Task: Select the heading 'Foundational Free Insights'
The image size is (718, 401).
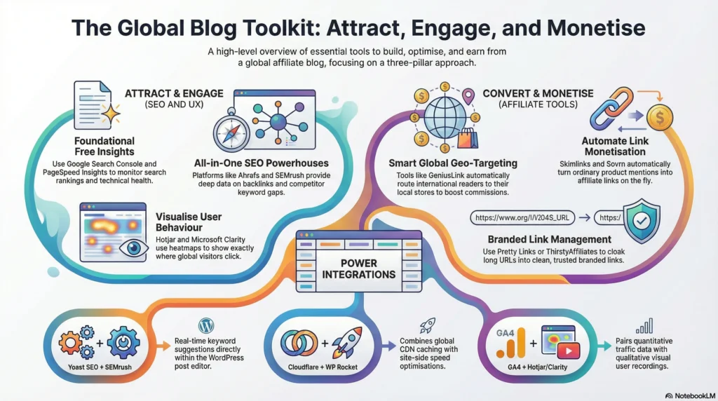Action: [x=104, y=147]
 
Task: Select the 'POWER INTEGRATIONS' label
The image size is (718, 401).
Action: [x=359, y=268]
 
